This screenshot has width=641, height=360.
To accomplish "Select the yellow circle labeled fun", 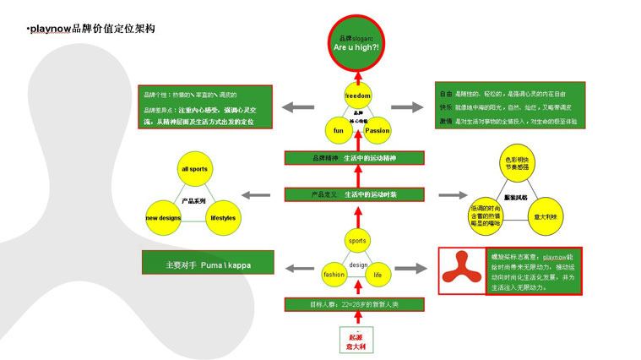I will pos(338,130).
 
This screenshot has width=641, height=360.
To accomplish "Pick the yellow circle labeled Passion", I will pos(378,130).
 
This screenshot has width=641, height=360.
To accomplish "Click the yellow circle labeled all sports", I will pos(193,169).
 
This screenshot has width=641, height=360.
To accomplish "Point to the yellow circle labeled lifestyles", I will pos(223,217).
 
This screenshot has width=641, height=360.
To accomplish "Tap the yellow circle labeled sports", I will pos(358,241).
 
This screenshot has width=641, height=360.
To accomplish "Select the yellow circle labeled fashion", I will pos(334,275).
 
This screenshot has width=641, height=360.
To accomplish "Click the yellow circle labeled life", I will pos(378,275).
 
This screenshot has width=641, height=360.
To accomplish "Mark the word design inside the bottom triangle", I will pos(358,265).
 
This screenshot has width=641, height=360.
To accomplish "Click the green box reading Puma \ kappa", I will pos(208,265).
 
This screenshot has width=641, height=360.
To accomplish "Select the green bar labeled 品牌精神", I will pos(358,158).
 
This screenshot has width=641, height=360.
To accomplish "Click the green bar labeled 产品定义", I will pos(358,195).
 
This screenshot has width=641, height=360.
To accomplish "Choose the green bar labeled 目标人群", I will pos(358,304).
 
